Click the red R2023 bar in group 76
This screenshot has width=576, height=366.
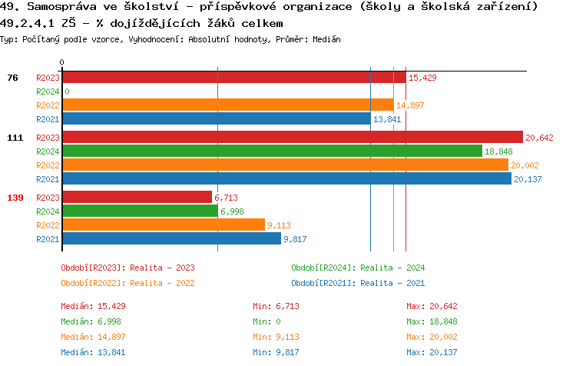pyautogui.click(x=233, y=78)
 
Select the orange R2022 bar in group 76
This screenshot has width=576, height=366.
pyautogui.click(x=227, y=105)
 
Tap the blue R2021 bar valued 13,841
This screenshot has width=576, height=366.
pyautogui.click(x=216, y=119)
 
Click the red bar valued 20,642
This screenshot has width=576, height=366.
pyautogui.click(x=292, y=138)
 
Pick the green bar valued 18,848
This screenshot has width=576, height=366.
pyautogui.click(x=272, y=151)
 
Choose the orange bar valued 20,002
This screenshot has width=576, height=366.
pyautogui.click(x=285, y=165)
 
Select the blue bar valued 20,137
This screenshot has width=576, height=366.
pyautogui.click(x=286, y=179)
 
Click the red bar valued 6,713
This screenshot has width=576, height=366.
pyautogui.click(x=137, y=198)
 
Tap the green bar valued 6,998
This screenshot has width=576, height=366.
pyautogui.click(x=140, y=211)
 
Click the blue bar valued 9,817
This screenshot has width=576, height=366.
pyautogui.click(x=171, y=239)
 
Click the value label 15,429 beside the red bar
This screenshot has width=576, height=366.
pyautogui.click(x=422, y=78)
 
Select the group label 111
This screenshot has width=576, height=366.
pyautogui.click(x=15, y=138)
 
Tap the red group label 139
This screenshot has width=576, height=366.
pyautogui.click(x=15, y=198)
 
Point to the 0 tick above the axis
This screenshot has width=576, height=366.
pyautogui.click(x=62, y=62)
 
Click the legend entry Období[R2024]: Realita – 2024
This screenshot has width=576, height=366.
pyautogui.click(x=358, y=268)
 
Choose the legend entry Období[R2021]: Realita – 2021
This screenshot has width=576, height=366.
pyautogui.click(x=358, y=283)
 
